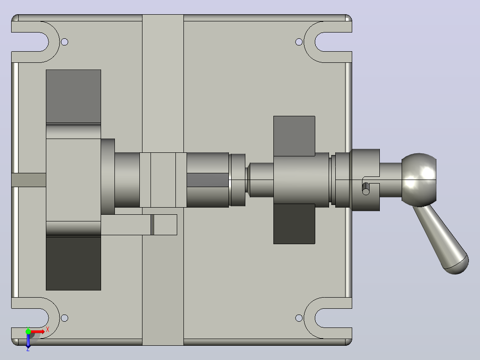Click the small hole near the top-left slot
point(64,42)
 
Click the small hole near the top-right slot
point(299,42)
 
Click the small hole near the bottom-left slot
point(64,318)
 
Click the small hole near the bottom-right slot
point(299,318)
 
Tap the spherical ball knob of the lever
point(419,180)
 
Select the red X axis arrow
point(38,332)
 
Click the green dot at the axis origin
point(28,331)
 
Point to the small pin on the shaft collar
point(366,189)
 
